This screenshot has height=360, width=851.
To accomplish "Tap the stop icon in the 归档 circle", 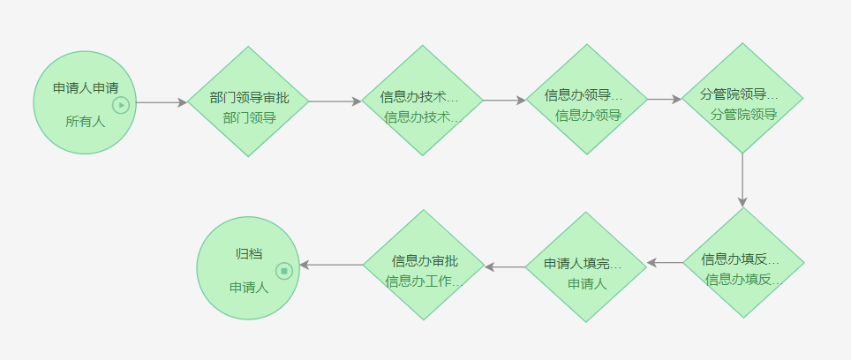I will click(283, 271).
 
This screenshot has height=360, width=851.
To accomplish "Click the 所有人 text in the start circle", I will click(85, 122).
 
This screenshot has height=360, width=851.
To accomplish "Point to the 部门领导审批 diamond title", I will click(249, 97).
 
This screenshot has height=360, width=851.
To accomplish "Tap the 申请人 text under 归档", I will click(249, 287).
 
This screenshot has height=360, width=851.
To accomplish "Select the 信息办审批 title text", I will click(425, 261).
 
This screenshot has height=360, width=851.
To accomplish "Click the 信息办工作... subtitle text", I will click(424, 281).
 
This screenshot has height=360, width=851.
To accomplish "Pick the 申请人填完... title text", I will click(583, 264).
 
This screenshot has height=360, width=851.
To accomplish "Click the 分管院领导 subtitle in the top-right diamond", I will click(743, 114).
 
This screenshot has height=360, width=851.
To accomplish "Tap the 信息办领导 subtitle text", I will click(588, 115).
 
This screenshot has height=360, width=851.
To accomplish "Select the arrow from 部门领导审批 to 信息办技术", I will click(335, 101).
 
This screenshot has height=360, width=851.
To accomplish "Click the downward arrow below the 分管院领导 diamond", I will click(742, 181).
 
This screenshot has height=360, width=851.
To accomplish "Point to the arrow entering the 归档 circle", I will click(331, 265).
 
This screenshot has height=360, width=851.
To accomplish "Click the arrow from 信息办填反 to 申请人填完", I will click(665, 262).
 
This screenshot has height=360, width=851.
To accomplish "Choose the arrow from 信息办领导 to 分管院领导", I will click(665, 100).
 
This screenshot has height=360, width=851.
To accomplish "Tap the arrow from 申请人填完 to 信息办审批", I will click(505, 266).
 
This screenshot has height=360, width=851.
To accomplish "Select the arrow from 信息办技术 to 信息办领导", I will click(505, 101).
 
